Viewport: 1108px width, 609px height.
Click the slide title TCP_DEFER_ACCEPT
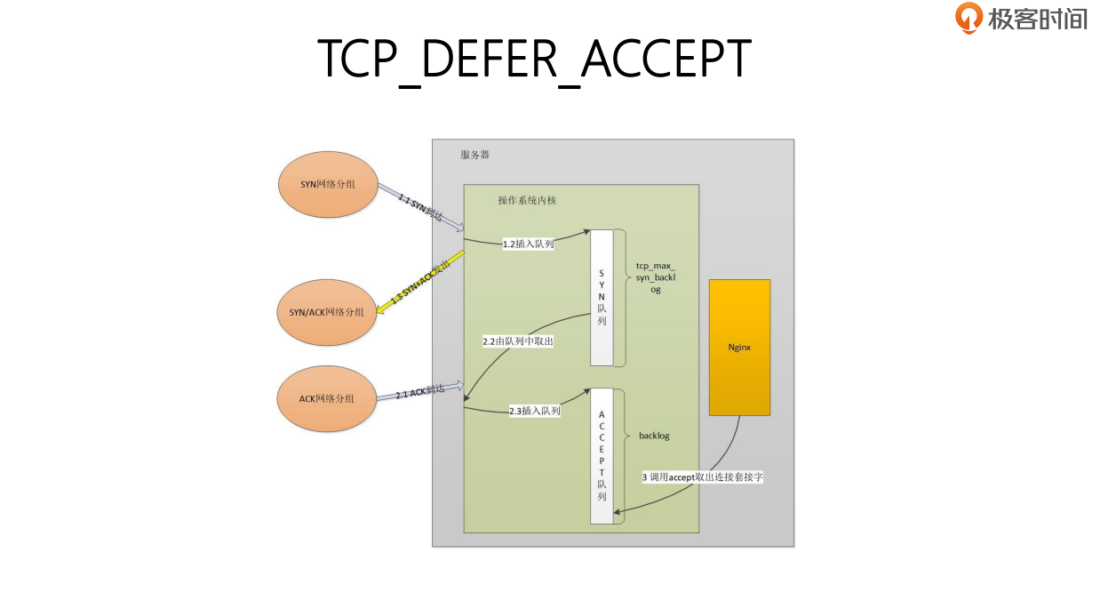535,59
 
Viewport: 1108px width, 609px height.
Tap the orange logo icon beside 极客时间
969,18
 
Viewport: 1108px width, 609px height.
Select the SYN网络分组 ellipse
328,184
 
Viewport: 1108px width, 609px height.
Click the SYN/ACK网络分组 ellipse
327,312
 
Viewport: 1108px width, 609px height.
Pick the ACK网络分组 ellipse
327,398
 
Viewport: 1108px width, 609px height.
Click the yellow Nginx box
739,347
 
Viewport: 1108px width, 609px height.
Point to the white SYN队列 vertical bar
602,297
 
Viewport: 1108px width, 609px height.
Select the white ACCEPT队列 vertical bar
602,456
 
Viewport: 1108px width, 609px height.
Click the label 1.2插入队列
528,244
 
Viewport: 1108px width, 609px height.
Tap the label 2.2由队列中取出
517,341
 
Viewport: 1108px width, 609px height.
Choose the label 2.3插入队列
534,411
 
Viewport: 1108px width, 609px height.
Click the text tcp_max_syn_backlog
655,277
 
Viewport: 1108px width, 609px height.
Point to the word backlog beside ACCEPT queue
654,436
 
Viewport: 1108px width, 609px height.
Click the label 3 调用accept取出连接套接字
703,477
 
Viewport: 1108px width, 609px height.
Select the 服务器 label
474,155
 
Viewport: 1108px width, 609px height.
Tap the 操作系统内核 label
527,200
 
